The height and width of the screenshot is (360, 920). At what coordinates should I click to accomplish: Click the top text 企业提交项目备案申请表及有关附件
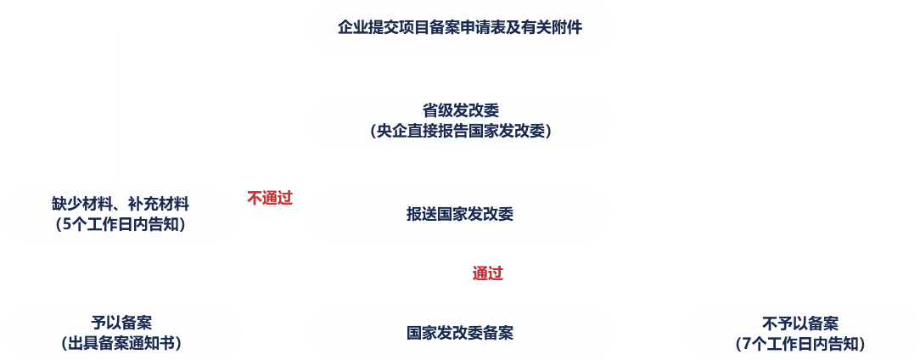[x=459, y=27]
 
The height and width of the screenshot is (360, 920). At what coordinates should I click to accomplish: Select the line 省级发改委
[x=460, y=110]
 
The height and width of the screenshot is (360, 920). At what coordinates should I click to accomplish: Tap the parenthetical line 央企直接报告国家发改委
[x=460, y=132]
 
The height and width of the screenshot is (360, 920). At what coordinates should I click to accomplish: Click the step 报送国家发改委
[x=459, y=214]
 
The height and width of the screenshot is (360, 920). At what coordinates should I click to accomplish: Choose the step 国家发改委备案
[x=459, y=333]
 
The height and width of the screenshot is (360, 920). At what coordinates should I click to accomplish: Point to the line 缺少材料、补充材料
[x=120, y=204]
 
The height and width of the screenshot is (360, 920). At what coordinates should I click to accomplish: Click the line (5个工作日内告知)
[x=120, y=225]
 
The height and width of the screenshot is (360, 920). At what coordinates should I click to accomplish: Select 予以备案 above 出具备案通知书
[x=121, y=323]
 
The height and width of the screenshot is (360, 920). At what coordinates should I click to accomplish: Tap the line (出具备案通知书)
[x=121, y=344]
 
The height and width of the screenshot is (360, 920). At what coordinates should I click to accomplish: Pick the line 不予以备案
[x=800, y=323]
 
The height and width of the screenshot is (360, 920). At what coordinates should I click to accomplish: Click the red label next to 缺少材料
[x=270, y=198]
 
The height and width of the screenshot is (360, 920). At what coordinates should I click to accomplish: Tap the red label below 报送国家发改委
[x=488, y=273]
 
